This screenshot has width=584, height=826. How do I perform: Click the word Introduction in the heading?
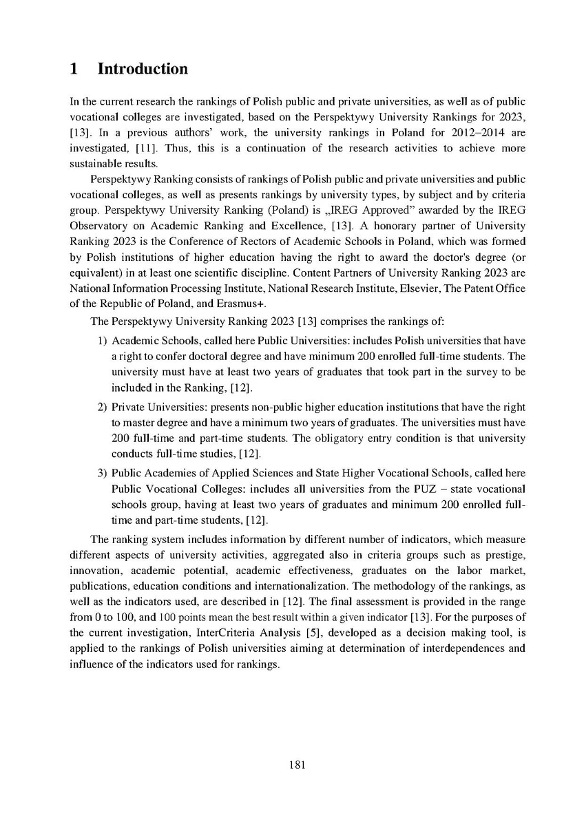coord(143,70)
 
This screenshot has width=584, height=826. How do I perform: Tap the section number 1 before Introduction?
coord(75,70)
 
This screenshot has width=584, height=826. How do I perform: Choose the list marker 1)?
coord(102,341)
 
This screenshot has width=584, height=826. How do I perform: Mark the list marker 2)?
coord(102,409)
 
